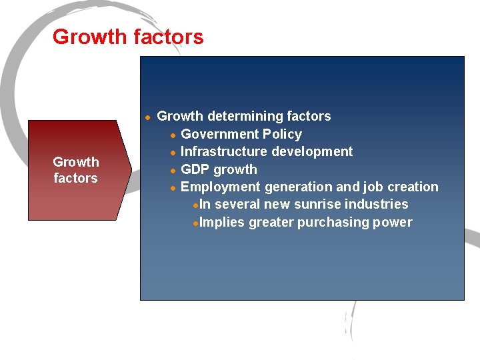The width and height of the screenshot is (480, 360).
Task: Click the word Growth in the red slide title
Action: pos(90,37)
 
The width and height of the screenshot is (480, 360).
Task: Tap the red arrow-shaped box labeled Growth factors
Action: pos(75,170)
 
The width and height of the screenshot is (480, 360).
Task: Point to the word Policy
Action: pos(281,134)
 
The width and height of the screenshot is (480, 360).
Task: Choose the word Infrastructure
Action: pos(222,151)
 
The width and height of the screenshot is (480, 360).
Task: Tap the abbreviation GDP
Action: pos(195,169)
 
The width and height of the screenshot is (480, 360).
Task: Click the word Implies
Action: pos(222,222)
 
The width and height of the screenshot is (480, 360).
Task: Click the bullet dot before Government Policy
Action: pos(173,135)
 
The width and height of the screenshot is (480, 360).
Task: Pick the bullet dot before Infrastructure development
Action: pos(173,152)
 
